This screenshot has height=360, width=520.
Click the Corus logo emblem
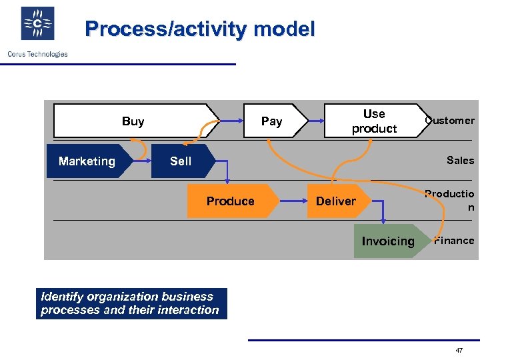coord(37,24)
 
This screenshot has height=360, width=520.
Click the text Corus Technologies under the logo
coord(37,54)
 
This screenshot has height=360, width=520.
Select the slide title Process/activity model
coord(200,29)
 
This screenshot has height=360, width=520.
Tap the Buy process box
coord(133,121)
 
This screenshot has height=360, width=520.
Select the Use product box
coord(374,121)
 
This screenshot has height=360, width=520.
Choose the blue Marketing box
coord(87,161)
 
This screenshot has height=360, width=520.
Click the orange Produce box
coord(231,201)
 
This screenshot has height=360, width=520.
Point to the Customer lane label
coord(451,121)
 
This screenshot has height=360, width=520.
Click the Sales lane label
coord(460,160)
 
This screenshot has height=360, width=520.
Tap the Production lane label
coord(451,200)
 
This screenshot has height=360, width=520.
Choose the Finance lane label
coord(455,241)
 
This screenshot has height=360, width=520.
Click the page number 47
coord(459,351)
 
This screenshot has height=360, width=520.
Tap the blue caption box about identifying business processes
coord(131,303)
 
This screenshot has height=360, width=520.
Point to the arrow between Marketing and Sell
coord(141,160)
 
